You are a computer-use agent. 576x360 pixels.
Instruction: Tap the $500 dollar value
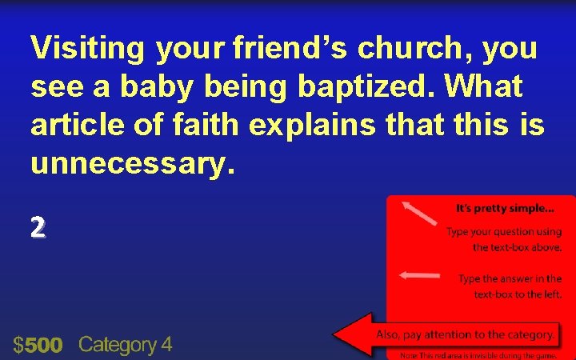click(x=38, y=345)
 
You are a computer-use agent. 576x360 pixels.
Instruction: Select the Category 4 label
click(x=125, y=345)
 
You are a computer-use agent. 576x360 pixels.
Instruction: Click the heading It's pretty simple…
click(x=504, y=209)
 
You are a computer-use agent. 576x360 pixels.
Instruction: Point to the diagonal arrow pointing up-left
click(x=419, y=214)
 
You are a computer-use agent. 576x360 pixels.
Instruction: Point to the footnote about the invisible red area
click(x=478, y=354)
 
